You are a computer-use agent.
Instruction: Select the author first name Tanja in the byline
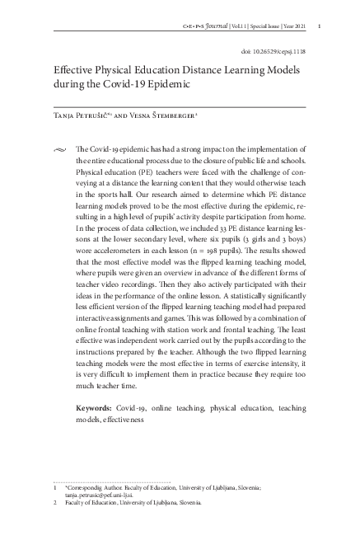point(64,118)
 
